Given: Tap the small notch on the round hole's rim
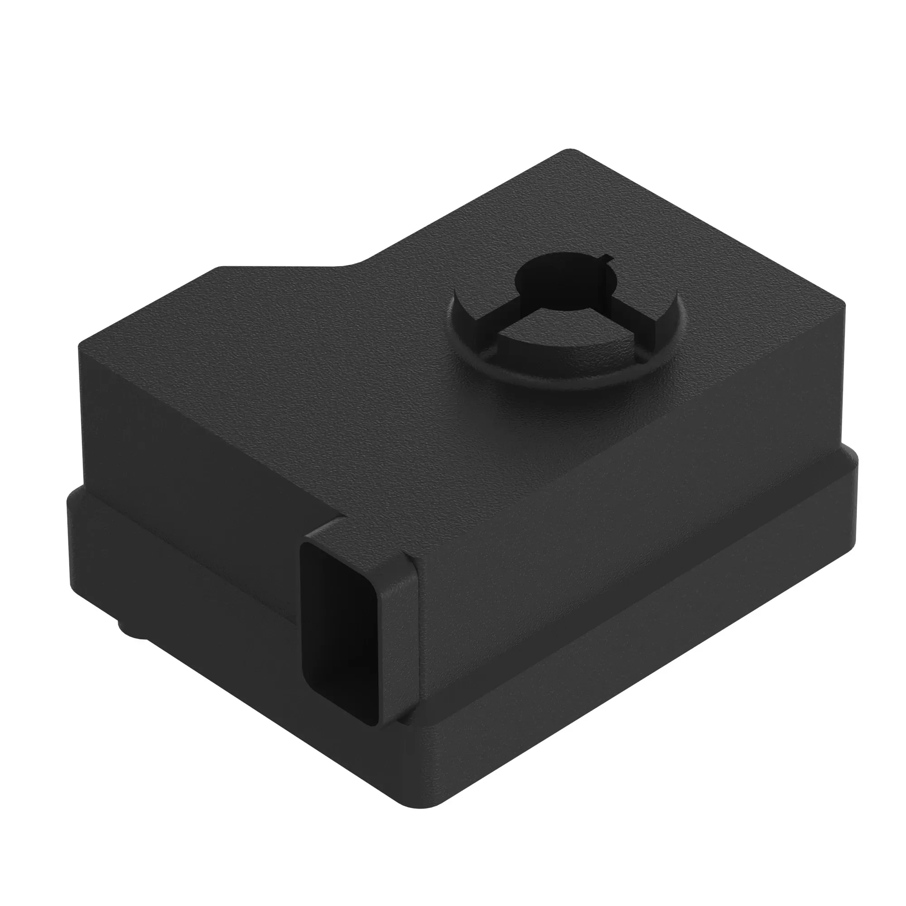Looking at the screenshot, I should tap(608, 257).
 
